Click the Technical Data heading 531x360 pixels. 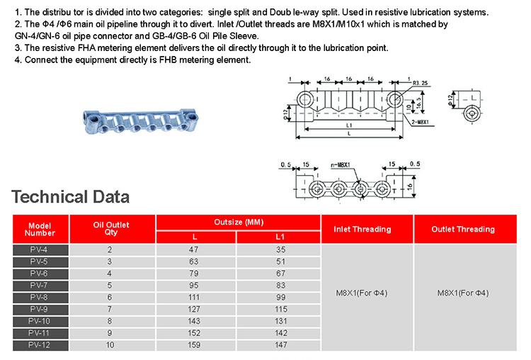tap(70, 197)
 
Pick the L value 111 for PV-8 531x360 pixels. tap(194, 298)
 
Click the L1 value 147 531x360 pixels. tap(281, 345)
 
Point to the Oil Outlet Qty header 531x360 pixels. tap(111, 228)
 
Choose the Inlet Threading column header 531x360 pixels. tap(362, 229)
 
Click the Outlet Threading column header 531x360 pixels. tap(463, 229)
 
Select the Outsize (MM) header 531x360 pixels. tap(239, 223)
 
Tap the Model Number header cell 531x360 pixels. tap(40, 229)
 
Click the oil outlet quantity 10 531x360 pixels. tap(110, 345)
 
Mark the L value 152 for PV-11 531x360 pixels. tap(194, 333)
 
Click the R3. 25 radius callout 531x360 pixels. tap(421, 83)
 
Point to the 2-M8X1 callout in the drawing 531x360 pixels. tap(421, 122)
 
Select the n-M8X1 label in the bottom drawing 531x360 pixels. tap(341, 164)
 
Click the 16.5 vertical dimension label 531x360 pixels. tap(419, 103)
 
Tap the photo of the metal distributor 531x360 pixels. tap(140, 121)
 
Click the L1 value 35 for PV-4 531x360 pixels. tap(281, 250)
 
